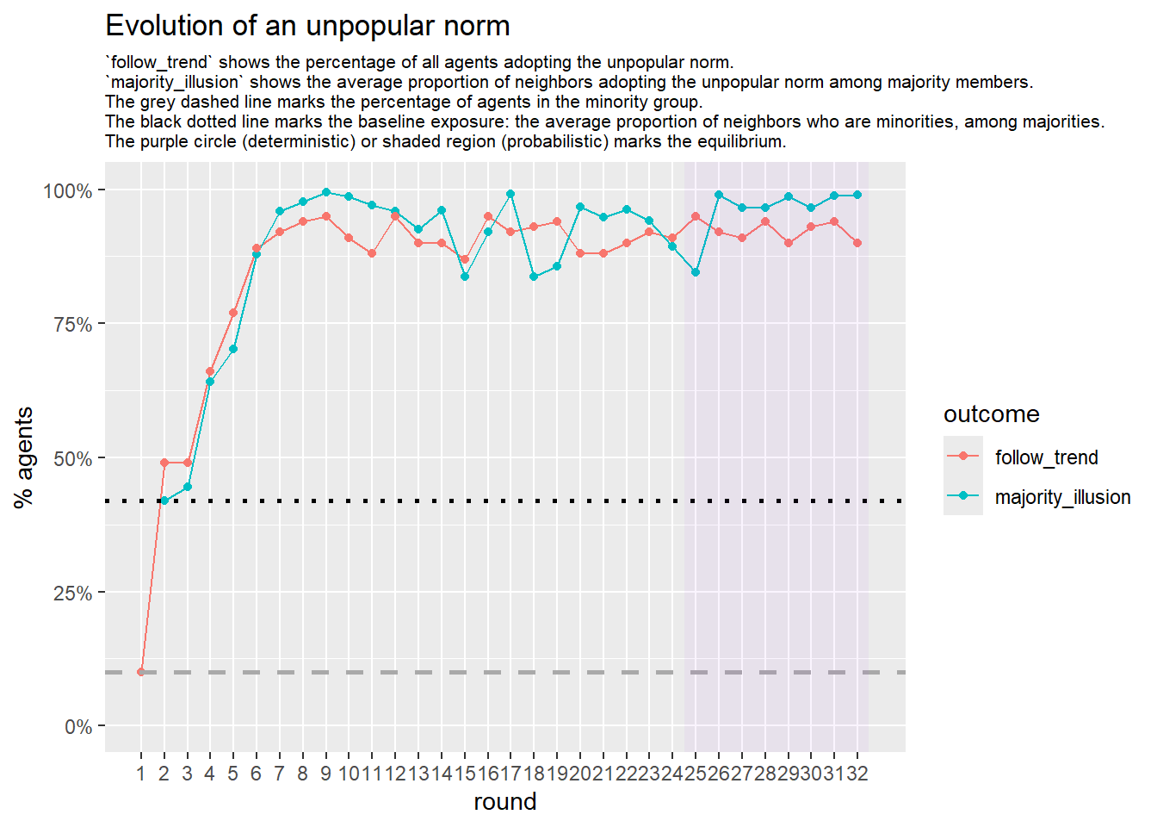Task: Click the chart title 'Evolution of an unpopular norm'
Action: [307, 26]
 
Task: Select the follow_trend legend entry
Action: [1045, 457]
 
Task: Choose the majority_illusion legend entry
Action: [1062, 497]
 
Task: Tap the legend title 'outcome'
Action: [991, 414]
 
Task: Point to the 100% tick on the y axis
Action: [68, 190]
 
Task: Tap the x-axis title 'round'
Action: [504, 802]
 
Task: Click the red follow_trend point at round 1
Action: [141, 672]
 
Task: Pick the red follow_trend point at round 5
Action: [233, 313]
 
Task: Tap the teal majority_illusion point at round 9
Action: [326, 192]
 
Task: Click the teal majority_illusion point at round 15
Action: [465, 277]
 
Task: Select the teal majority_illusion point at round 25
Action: [696, 272]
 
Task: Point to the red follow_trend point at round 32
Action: [857, 243]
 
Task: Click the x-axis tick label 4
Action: [210, 774]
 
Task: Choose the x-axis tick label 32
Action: [857, 774]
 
